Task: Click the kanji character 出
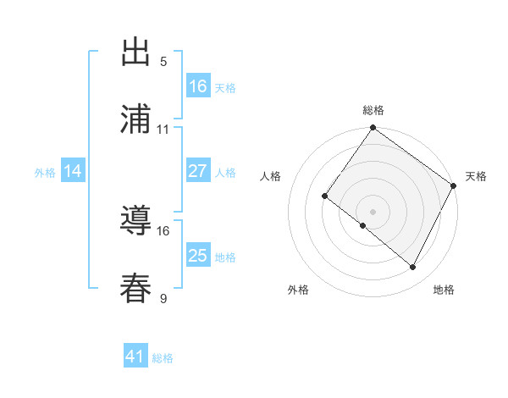pos(136,53)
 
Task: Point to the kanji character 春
pos(136,289)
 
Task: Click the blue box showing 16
pos(198,86)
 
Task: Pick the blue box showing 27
pos(198,171)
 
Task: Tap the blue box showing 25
pos(198,256)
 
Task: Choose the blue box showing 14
pos(73,171)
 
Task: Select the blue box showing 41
pos(135,357)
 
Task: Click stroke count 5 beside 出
pos(163,62)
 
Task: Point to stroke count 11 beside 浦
pos(163,130)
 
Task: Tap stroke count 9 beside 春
pos(163,297)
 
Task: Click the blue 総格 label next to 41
pos(163,358)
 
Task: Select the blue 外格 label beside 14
pos(45,173)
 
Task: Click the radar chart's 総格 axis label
pos(373,110)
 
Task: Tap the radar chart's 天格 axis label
pos(477,176)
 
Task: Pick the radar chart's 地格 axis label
pos(444,290)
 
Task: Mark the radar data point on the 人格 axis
pos(324,196)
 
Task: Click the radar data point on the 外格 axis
pos(363,225)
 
